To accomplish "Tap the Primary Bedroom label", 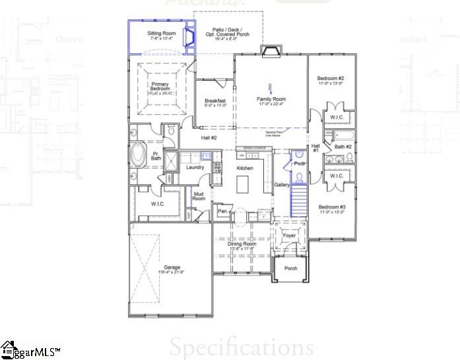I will (x=160, y=87).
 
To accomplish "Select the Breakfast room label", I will (x=215, y=101).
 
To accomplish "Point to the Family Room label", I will (x=271, y=100).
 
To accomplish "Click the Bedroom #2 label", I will (x=331, y=79).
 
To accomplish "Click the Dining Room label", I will (x=242, y=244).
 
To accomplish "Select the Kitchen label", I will (x=246, y=168).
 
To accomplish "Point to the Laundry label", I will (x=195, y=167).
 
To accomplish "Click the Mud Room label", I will (x=199, y=196).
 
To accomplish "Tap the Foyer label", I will (x=289, y=235).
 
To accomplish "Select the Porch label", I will (x=290, y=268).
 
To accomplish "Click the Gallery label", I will (x=282, y=185).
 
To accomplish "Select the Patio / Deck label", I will (x=228, y=30).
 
